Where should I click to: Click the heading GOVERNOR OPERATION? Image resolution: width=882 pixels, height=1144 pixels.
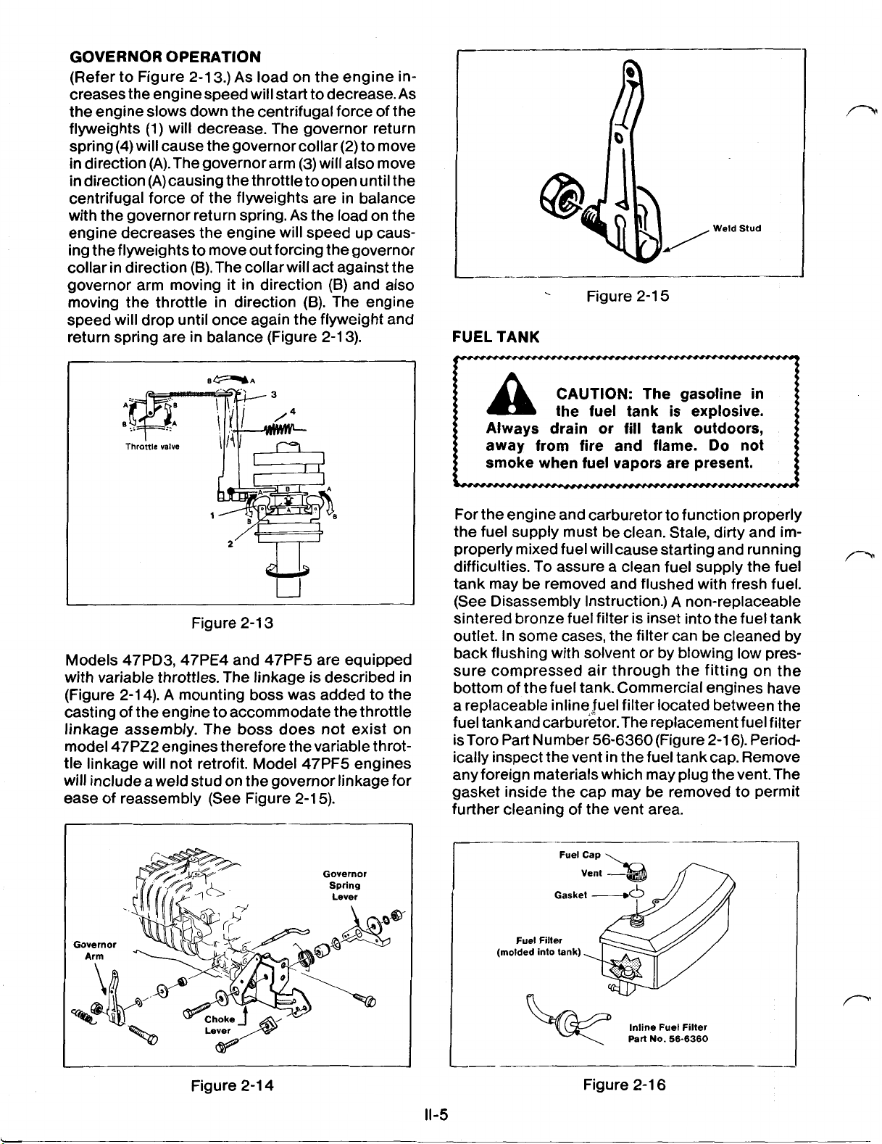[165, 57]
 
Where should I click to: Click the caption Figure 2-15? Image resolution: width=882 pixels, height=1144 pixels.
[628, 297]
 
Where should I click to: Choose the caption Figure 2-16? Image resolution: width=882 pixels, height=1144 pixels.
[624, 1085]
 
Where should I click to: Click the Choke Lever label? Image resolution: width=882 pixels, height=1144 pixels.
[217, 1024]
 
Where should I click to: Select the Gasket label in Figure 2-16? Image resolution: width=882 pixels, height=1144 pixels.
[570, 895]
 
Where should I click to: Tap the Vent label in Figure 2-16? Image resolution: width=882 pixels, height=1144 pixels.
[593, 874]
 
